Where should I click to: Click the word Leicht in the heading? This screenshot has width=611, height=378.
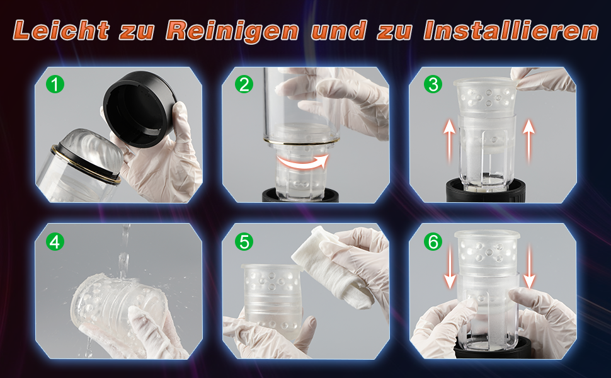[61, 30]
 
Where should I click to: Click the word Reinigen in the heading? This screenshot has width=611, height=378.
[232, 31]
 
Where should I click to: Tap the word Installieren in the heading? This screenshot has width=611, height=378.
[511, 30]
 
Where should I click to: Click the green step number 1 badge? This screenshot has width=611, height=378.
[55, 84]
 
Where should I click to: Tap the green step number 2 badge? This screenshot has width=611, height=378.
[244, 84]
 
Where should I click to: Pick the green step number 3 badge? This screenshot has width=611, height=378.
[433, 84]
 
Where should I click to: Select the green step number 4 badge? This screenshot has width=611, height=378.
[55, 242]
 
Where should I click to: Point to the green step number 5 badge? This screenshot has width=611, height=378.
[244, 242]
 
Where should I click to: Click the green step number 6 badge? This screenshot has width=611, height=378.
[433, 242]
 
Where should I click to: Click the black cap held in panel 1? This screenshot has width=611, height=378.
[139, 108]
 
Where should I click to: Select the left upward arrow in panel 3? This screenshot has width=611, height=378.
[449, 141]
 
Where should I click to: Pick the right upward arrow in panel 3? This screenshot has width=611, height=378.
[528, 141]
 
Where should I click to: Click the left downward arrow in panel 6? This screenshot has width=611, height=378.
[450, 266]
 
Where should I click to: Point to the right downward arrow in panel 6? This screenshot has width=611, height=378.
[529, 266]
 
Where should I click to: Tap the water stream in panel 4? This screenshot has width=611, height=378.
[124, 249]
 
